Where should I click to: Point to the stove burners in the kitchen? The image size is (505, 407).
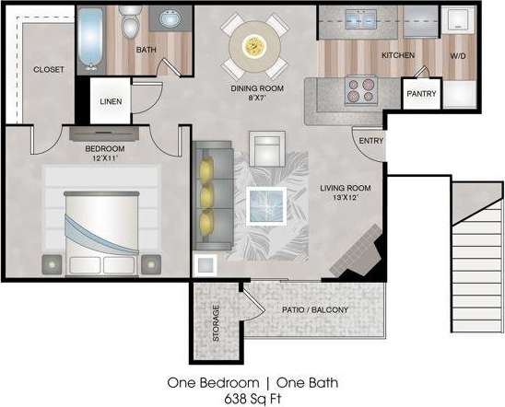pyautogui.click(x=359, y=89)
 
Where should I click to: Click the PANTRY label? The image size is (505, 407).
pyautogui.click(x=422, y=94)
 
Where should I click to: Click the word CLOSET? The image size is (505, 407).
pyautogui.click(x=48, y=70)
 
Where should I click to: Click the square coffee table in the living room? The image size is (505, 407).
pyautogui.click(x=267, y=203)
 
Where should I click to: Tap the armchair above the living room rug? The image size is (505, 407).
pyautogui.click(x=267, y=149)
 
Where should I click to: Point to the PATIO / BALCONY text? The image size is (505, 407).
pyautogui.click(x=315, y=310)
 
